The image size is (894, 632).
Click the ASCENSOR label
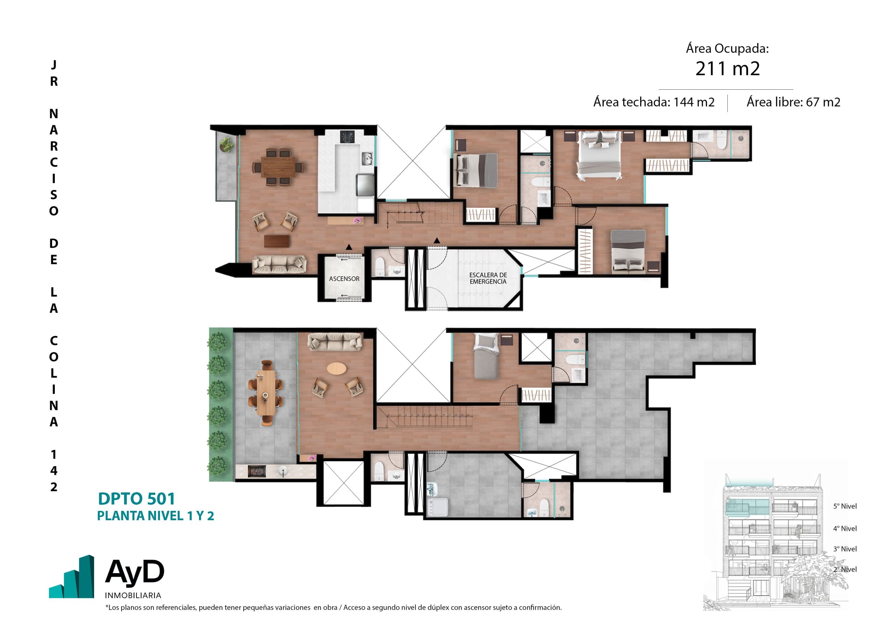click(x=344, y=279)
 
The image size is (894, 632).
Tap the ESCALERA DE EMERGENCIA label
click(x=488, y=278)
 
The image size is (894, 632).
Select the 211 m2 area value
click(x=727, y=68)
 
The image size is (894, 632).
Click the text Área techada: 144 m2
click(x=654, y=102)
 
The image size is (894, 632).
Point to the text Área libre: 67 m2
click(x=793, y=102)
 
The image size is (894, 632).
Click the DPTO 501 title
click(x=136, y=499)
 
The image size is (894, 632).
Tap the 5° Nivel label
click(x=845, y=506)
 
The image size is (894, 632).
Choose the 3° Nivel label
click(x=845, y=549)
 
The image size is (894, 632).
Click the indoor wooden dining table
click(x=278, y=167)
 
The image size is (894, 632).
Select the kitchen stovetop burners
click(x=347, y=137)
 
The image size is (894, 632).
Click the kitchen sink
click(x=366, y=158)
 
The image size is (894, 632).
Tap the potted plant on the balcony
click(x=226, y=145)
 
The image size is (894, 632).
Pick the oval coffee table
click(x=336, y=368)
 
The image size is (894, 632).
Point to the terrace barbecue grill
click(x=257, y=472)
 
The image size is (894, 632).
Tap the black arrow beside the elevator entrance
click(x=349, y=247)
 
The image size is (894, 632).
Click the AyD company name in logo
click(x=135, y=572)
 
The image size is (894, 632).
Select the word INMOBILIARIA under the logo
click(x=133, y=595)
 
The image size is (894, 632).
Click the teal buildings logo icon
click(x=71, y=577)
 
